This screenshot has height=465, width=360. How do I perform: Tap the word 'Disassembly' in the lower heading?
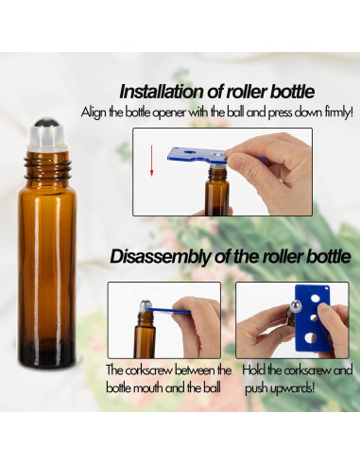161,255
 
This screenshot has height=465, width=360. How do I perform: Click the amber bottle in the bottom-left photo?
146,333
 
